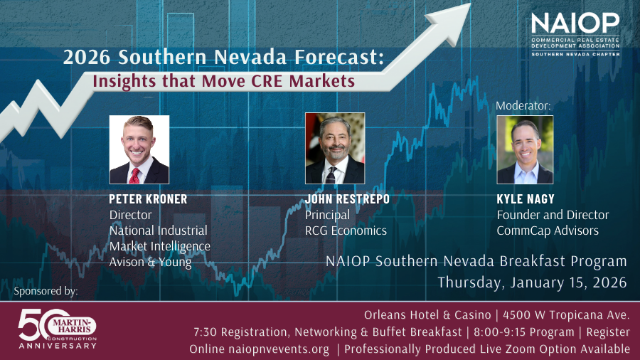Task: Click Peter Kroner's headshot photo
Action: coord(139,149)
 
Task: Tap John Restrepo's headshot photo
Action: coord(335,148)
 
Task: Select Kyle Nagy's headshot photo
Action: coord(525,149)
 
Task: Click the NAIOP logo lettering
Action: coord(575,23)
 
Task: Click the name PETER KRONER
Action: coord(149,199)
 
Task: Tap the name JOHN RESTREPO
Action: coord(347,199)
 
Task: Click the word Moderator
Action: coord(523,105)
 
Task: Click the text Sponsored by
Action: coord(46,292)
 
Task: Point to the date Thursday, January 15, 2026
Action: coord(532,282)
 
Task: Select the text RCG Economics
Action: coord(346,231)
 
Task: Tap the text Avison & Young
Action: coord(151,262)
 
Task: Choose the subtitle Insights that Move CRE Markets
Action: coord(223,80)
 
